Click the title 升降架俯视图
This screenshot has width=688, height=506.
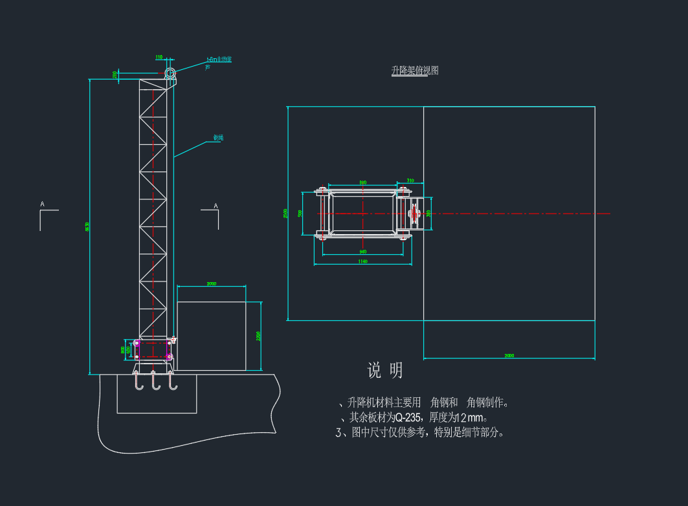[415, 71]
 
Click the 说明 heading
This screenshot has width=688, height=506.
[385, 370]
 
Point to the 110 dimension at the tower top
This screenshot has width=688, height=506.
[159, 58]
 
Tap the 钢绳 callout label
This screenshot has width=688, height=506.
[218, 138]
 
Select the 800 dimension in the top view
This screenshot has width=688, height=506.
[362, 182]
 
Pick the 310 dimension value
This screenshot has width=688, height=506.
[410, 181]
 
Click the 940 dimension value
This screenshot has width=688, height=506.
[362, 251]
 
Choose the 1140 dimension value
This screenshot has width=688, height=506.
[362, 261]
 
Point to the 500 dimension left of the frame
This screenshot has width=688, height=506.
[300, 214]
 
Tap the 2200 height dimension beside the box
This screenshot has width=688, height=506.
[258, 336]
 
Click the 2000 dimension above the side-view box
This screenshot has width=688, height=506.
[212, 284]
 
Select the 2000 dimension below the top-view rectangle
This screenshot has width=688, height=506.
[509, 356]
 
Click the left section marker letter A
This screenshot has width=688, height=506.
[43, 204]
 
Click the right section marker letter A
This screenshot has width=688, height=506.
[216, 206]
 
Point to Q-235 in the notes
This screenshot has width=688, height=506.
[408, 418]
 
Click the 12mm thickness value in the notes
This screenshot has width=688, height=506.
[470, 418]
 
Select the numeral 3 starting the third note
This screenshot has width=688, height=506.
[338, 433]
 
